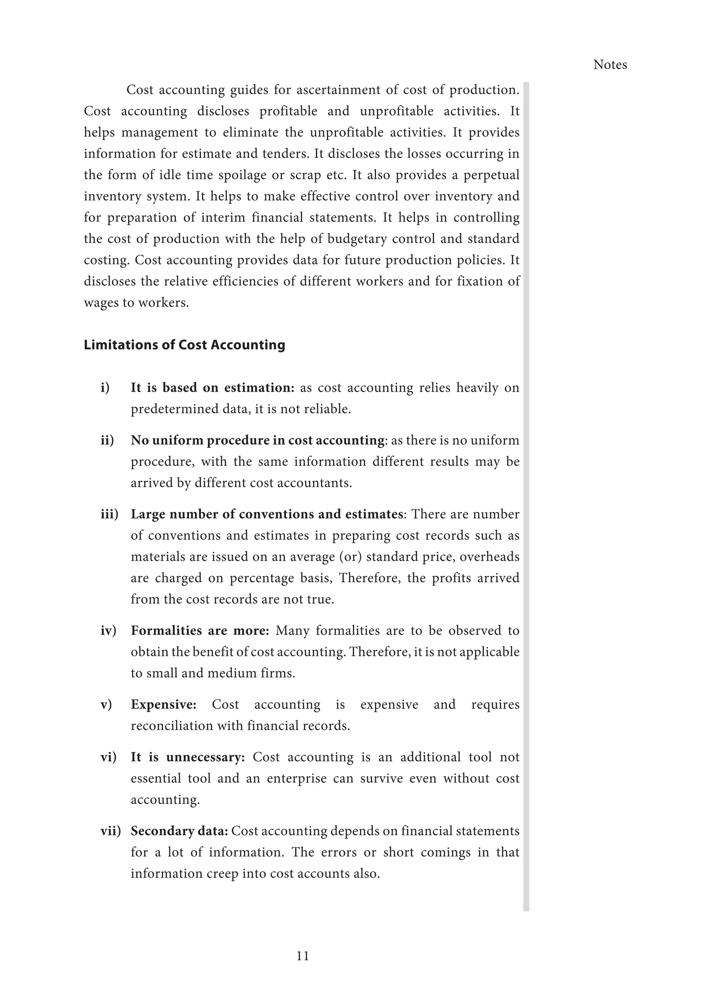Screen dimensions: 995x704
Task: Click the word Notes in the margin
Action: click(x=609, y=65)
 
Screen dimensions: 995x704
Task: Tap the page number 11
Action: click(x=302, y=955)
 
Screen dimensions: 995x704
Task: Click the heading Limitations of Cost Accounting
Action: click(x=184, y=345)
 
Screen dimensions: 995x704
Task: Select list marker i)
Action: click(x=105, y=388)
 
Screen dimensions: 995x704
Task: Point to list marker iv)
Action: click(x=108, y=630)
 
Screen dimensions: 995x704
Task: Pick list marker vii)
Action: click(x=111, y=831)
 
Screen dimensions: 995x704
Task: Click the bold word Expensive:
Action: click(x=163, y=704)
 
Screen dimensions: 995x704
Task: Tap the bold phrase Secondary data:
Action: click(x=179, y=831)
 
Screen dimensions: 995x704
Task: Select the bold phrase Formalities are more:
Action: click(x=200, y=630)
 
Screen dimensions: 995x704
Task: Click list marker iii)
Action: click(x=109, y=514)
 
